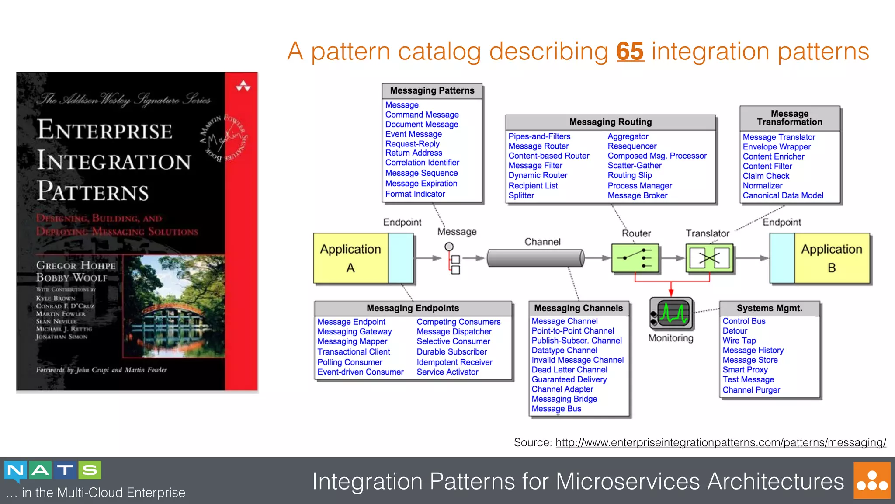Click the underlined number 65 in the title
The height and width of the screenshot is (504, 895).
pyautogui.click(x=630, y=52)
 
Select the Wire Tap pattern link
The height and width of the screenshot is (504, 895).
pyautogui.click(x=739, y=341)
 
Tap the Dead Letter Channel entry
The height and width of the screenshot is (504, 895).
pyautogui.click(x=569, y=370)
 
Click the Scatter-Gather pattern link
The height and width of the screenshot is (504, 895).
pyautogui.click(x=634, y=166)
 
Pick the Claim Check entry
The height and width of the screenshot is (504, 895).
pyautogui.click(x=766, y=176)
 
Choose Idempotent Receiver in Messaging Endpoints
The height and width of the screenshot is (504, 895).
pyautogui.click(x=454, y=362)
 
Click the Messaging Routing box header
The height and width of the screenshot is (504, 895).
pyautogui.click(x=610, y=122)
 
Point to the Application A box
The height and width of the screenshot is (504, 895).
pyautogui.click(x=351, y=258)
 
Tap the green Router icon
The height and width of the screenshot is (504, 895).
pyautogui.click(x=635, y=258)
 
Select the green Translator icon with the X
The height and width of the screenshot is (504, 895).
pyautogui.click(x=709, y=258)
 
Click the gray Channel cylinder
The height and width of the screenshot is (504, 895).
pyautogui.click(x=535, y=258)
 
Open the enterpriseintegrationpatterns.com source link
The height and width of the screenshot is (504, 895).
pyautogui.click(x=721, y=443)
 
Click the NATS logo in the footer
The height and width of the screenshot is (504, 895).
pyautogui.click(x=53, y=470)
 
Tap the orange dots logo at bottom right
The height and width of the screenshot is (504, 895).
pyautogui.click(x=871, y=481)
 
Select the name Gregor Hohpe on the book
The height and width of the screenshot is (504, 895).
pyautogui.click(x=76, y=265)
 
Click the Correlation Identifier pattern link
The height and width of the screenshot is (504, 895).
pyautogui.click(x=422, y=163)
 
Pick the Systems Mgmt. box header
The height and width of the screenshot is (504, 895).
pyautogui.click(x=769, y=308)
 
